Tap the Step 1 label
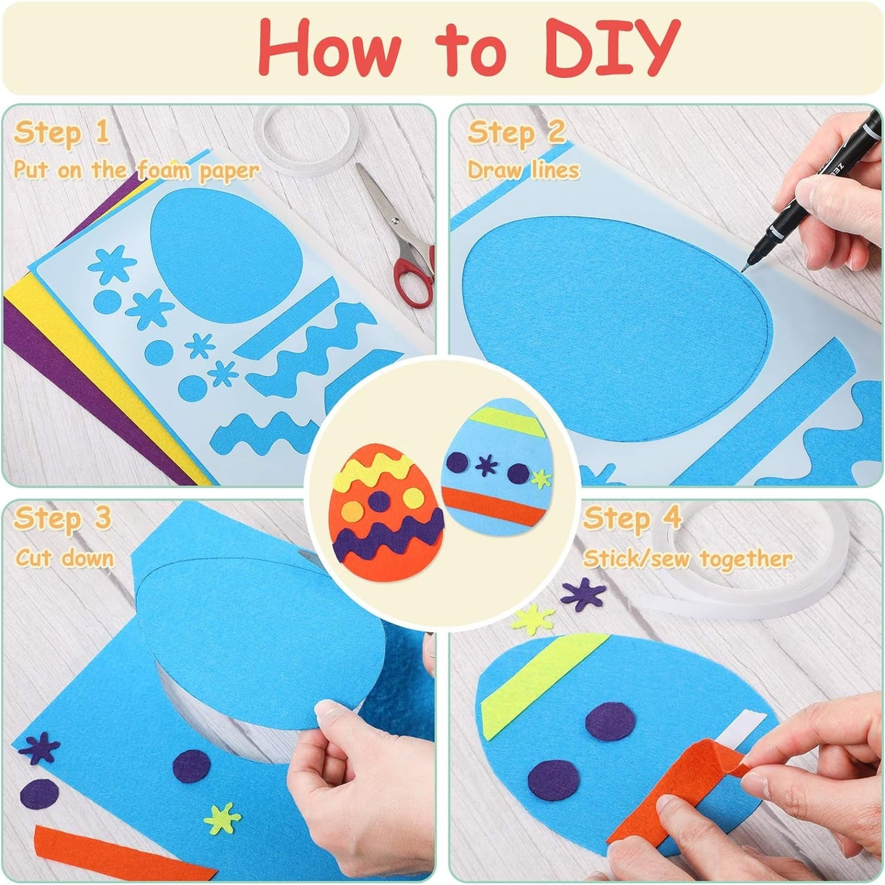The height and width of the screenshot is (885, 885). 61,132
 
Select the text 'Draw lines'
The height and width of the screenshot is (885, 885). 524,170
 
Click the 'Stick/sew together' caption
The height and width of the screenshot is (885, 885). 688,559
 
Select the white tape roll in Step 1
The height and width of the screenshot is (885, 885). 304,141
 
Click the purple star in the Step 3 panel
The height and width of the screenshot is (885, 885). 39,747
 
